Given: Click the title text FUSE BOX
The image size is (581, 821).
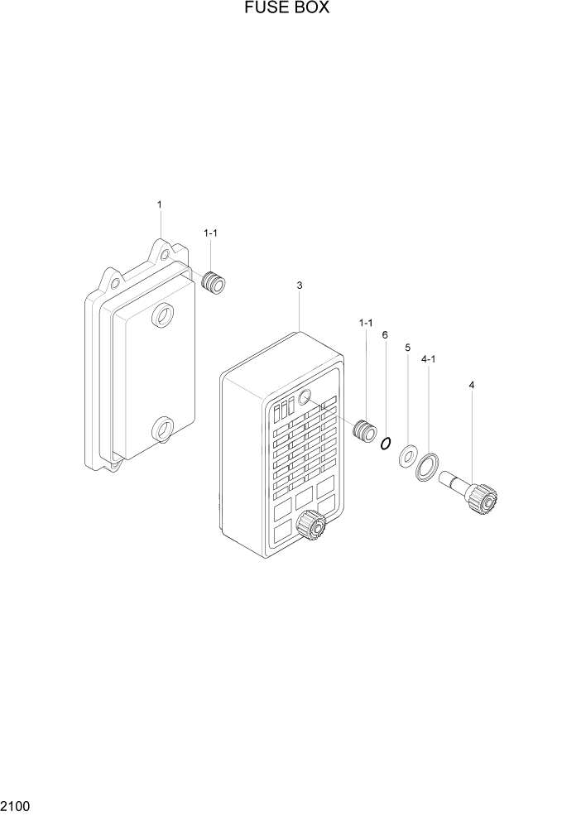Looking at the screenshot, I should tap(287, 9).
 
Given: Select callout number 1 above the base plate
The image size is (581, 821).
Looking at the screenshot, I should tap(160, 204).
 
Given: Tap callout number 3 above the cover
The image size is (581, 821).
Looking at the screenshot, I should tap(300, 286).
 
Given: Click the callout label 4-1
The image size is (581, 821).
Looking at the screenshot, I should tap(430, 360).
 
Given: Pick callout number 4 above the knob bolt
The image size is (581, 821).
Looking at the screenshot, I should tap(472, 385).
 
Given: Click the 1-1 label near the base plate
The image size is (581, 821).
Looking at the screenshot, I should tap(211, 234).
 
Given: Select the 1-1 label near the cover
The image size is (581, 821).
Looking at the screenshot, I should tap(366, 322).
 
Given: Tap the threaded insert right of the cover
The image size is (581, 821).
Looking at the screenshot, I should tap(363, 431).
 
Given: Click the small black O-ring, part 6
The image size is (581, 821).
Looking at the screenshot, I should tap(385, 444).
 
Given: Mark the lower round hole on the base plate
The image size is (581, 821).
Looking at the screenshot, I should tap(161, 429).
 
